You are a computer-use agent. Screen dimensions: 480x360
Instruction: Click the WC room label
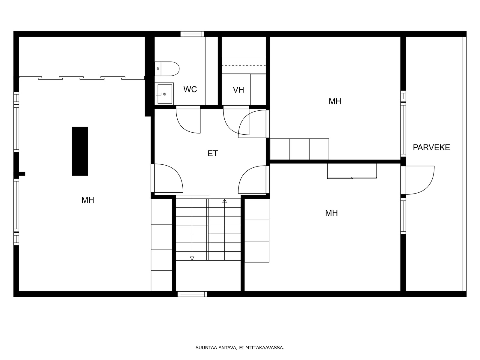190,89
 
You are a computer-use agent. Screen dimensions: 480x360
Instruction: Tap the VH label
238,90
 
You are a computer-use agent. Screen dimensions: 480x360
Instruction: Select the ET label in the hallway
213,153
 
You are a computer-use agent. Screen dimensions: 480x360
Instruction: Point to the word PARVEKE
431,148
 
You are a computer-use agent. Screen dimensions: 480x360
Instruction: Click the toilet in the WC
167,69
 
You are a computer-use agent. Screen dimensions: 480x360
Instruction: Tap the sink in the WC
164,94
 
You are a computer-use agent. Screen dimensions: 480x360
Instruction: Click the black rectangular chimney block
80,151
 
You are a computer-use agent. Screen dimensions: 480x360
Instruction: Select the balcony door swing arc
425,186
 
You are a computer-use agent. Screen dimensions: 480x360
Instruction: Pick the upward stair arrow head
225,201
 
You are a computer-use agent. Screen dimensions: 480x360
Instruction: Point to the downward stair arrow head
192,258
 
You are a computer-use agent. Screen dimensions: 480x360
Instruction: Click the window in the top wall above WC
192,34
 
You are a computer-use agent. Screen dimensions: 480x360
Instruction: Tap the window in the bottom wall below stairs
192,294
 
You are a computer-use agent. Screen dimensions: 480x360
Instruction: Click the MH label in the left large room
88,200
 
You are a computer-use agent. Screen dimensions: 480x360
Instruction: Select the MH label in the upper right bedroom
335,101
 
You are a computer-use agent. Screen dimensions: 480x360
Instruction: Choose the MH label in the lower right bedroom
331,213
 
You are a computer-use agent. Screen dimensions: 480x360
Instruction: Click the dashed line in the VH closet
244,65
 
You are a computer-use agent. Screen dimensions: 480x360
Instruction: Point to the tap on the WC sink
158,94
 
